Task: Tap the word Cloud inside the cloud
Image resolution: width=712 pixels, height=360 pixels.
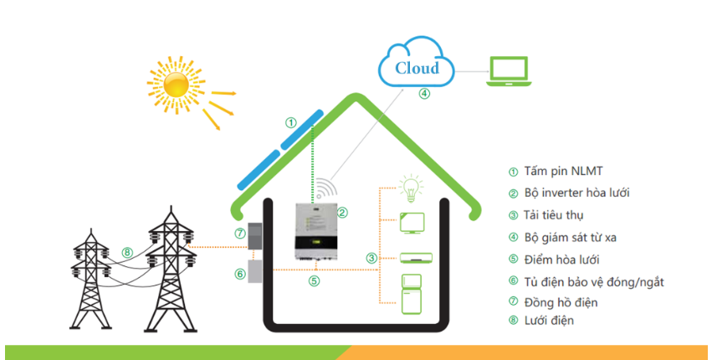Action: pyautogui.click(x=417, y=68)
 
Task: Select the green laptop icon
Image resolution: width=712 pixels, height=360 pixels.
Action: pyautogui.click(x=510, y=73)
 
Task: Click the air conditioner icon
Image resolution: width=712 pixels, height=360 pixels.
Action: pyautogui.click(x=412, y=258)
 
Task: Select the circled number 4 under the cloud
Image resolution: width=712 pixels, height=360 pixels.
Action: pyautogui.click(x=424, y=94)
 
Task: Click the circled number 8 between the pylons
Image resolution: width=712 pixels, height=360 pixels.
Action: pyautogui.click(x=127, y=251)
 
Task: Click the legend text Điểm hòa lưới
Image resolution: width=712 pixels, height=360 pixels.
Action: pyautogui.click(x=561, y=259)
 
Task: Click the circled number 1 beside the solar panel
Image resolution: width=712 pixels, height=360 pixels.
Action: pyautogui.click(x=290, y=122)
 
